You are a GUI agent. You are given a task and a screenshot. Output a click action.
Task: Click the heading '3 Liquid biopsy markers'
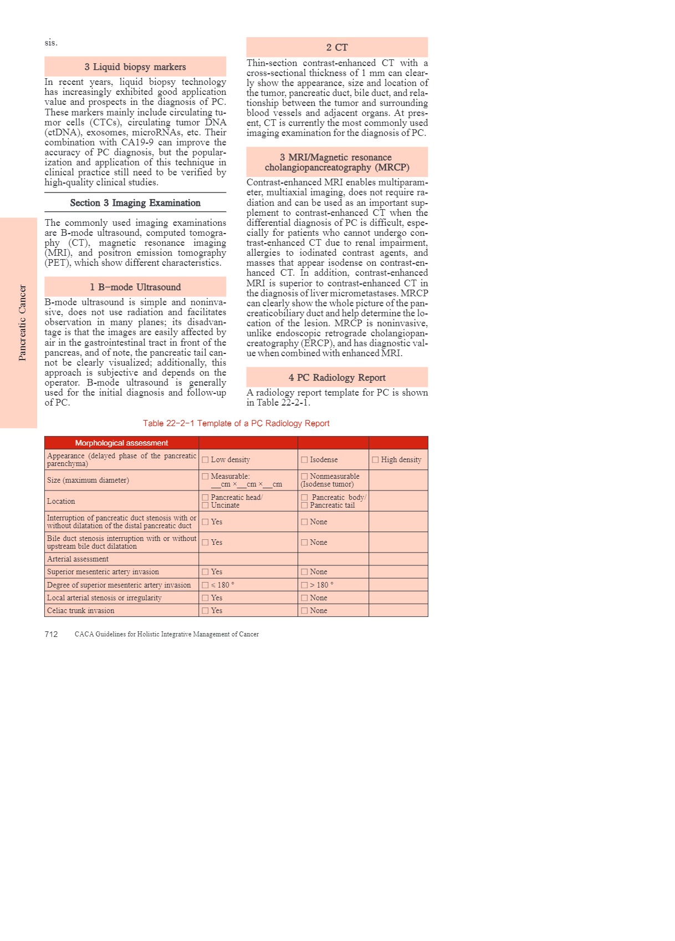click(135, 67)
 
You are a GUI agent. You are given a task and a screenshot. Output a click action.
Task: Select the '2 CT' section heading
click(337, 47)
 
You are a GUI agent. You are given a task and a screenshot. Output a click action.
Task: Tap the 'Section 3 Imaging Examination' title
click(135, 203)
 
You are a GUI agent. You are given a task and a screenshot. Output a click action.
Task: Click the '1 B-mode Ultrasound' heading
click(135, 287)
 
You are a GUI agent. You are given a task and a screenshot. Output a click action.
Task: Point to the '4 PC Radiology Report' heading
click(337, 377)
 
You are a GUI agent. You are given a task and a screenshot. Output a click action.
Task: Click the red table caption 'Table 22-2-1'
click(236, 423)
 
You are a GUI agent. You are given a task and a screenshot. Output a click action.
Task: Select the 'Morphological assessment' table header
click(121, 443)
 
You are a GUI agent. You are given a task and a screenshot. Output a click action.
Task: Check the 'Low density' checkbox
click(205, 459)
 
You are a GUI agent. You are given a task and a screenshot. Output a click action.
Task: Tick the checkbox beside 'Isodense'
click(304, 459)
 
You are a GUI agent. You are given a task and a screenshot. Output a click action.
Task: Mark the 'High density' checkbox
click(375, 459)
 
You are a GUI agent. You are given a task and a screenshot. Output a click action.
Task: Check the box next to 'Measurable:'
click(205, 476)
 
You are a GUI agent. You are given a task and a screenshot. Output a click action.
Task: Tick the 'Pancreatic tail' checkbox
click(304, 505)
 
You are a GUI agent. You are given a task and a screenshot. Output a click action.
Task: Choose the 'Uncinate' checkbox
click(205, 505)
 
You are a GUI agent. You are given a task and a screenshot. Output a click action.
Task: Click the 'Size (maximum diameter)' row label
click(88, 480)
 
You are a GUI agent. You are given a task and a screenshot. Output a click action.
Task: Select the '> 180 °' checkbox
click(304, 585)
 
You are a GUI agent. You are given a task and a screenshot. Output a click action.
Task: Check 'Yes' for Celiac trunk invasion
click(205, 610)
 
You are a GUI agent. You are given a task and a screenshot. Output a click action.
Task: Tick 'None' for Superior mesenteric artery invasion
click(304, 571)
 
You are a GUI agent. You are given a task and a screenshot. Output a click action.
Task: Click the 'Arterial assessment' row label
click(78, 559)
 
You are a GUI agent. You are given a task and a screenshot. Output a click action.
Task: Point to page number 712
click(51, 634)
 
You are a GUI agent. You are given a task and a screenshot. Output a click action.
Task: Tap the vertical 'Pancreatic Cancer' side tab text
click(22, 322)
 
